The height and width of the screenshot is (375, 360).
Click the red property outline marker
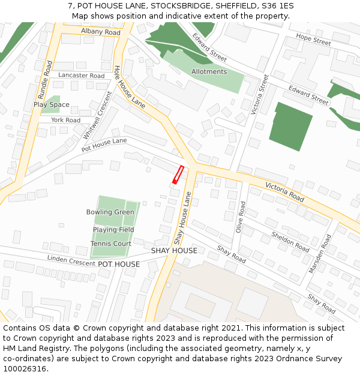178,174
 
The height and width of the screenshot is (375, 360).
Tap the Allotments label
209,72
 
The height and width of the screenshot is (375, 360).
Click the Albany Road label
100,32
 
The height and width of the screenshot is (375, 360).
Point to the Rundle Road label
44,79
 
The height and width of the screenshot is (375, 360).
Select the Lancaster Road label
82,76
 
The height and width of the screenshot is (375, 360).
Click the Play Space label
52,104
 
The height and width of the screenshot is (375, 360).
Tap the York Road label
65,120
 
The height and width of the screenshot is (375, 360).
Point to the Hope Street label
313,40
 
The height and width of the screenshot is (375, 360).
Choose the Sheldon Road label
290,241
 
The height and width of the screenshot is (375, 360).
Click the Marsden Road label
320,254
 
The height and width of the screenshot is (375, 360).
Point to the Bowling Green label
110,212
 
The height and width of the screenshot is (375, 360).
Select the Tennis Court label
111,244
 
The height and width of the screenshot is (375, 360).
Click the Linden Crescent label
71,260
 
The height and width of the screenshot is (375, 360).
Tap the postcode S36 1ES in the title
278,6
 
